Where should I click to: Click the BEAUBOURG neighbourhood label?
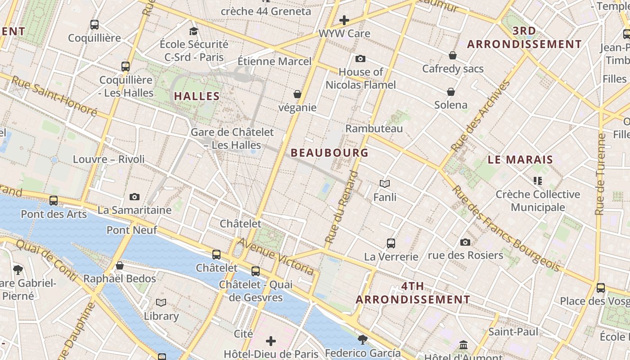(x=329, y=153)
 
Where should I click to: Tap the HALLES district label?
(x=197, y=96)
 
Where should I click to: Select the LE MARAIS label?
(x=520, y=159)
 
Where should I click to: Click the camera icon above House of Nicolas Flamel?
(x=360, y=58)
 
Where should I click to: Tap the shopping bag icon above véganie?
(x=297, y=94)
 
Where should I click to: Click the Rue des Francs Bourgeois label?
(x=506, y=229)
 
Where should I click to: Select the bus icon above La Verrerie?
(x=391, y=243)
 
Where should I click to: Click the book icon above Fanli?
(x=384, y=184)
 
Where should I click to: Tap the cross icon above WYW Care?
(x=344, y=20)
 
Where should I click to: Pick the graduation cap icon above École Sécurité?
(x=193, y=31)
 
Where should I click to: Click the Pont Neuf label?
(x=132, y=230)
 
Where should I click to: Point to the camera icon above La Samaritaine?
(x=134, y=197)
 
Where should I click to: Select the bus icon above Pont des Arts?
(x=54, y=201)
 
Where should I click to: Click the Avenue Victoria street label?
(x=275, y=256)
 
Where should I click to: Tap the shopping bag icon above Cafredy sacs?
(x=453, y=55)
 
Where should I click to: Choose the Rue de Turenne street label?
(x=600, y=174)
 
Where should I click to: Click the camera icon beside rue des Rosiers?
(x=465, y=242)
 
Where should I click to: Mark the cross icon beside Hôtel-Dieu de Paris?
(x=271, y=341)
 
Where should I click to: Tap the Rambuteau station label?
(x=374, y=128)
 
